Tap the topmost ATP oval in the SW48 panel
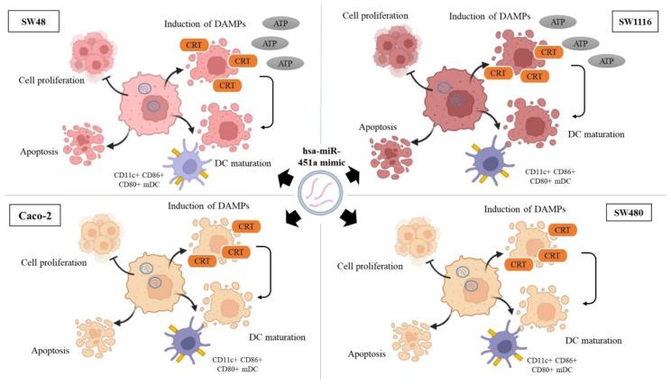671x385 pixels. coord(283,21)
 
